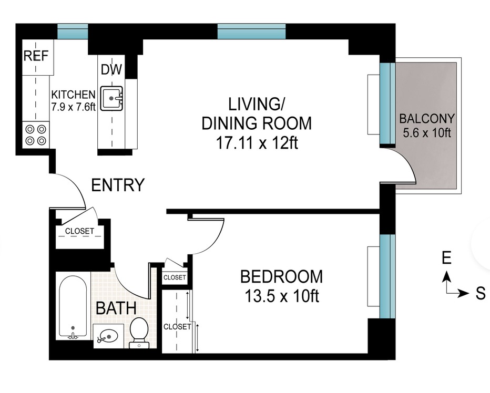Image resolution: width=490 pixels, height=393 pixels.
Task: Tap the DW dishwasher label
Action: (110, 69)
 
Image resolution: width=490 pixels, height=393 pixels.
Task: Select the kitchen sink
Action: (112, 97)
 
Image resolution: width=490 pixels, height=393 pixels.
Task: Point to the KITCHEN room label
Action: (73, 95)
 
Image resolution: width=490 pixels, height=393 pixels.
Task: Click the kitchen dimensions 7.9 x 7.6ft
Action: (73, 107)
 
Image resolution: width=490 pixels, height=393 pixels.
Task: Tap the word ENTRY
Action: (118, 185)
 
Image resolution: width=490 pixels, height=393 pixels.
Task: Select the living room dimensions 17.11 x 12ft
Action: (257, 143)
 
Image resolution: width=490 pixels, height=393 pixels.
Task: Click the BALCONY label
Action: (426, 118)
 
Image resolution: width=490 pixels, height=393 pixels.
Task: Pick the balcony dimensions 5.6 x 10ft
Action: (426, 132)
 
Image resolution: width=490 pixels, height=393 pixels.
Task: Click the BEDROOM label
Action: (281, 276)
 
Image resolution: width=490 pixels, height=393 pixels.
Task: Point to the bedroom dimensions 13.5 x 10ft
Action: (281, 297)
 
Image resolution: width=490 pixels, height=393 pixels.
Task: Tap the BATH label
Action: (115, 307)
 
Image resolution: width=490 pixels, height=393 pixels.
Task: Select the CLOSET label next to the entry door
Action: (80, 231)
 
